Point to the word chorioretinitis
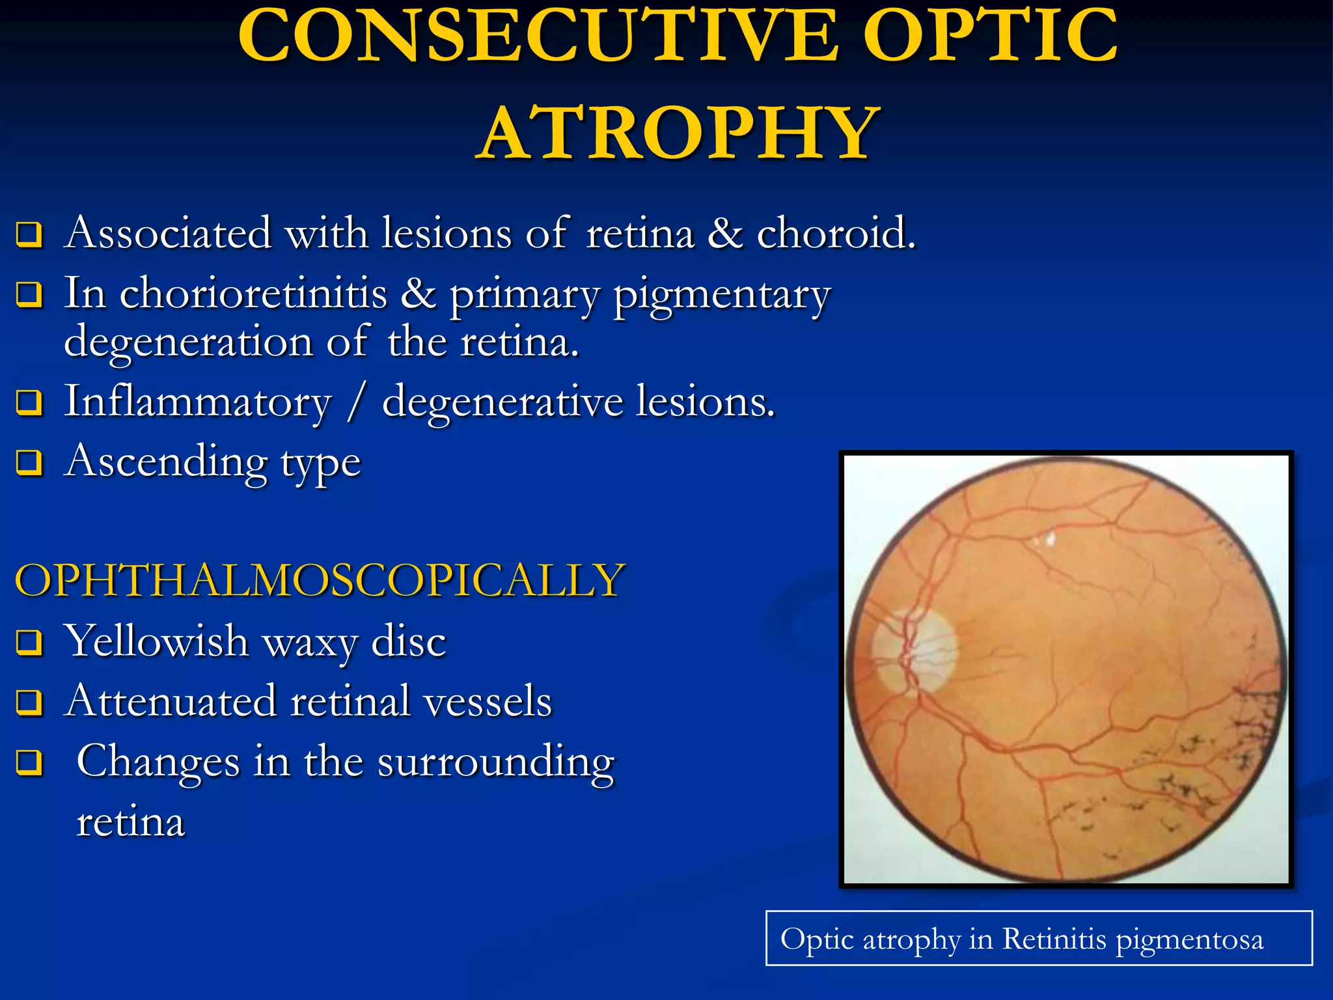[x=254, y=294]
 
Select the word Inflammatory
[x=198, y=402]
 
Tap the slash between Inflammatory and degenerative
[x=356, y=402]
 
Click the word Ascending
[x=167, y=462]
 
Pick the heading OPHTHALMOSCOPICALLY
[x=320, y=580]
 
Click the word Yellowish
[x=156, y=641]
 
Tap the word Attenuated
[x=171, y=702]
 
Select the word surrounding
[x=495, y=762]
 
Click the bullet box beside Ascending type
[x=29, y=463]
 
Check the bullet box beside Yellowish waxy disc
[x=29, y=643]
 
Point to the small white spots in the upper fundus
[x=1045, y=539]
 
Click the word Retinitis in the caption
[x=1054, y=939]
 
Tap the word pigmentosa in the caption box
[x=1189, y=940]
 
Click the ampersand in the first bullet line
[x=725, y=233]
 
